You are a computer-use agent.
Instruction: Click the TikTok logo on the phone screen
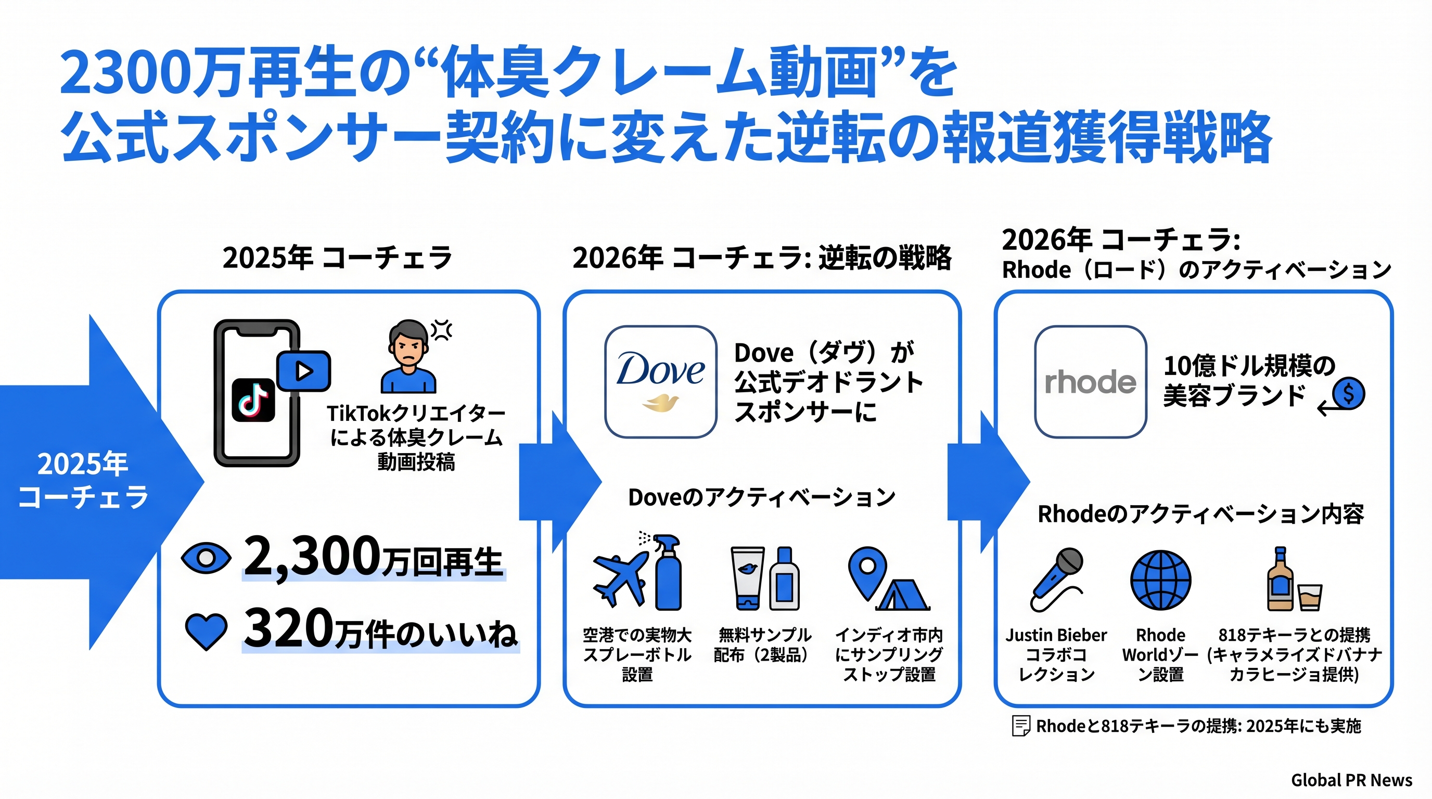coord(253,400)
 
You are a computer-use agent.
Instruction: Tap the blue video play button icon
coord(303,370)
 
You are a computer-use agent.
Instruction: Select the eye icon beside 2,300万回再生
coord(206,558)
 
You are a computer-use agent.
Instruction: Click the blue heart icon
coord(206,631)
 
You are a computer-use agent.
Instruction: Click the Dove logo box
coord(660,382)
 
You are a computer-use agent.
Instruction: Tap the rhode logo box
coord(1090,382)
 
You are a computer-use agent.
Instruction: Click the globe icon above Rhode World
coord(1161,580)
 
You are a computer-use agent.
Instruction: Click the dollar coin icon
coord(1349,393)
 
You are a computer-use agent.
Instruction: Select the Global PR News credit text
coord(1351,780)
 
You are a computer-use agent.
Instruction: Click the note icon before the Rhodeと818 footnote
coord(1020,726)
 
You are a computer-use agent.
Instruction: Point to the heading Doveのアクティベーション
coord(761,497)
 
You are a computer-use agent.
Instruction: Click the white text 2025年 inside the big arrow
coord(82,464)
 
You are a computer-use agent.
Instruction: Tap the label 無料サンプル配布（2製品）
coord(762,645)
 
